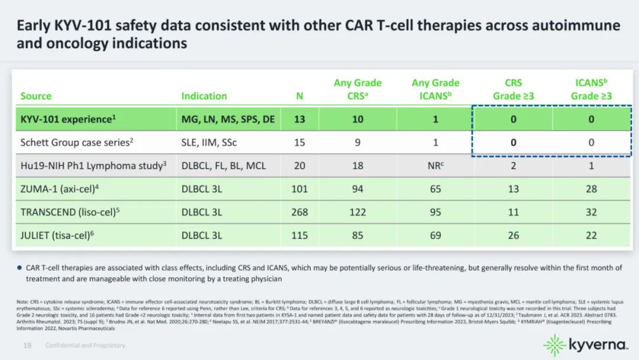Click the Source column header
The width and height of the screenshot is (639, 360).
[36, 96]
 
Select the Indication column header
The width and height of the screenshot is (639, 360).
[204, 96]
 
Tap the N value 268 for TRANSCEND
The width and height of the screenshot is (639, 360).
[300, 212]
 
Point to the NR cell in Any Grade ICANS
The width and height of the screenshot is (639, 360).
[435, 166]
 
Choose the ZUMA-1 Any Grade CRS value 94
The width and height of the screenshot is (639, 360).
[357, 189]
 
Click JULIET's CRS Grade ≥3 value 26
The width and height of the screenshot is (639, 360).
[513, 235]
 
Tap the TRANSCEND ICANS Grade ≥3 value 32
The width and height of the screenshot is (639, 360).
[591, 212]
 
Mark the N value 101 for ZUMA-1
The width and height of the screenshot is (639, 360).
[300, 189]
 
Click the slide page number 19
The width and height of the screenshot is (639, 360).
[27, 345]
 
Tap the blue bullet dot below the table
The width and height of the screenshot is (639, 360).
[20, 268]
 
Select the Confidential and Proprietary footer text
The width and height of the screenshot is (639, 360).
[86, 345]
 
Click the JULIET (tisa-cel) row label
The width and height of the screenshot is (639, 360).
[57, 235]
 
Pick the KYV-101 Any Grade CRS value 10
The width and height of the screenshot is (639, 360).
[357, 119]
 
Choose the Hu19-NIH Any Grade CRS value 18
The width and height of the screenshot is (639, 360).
[357, 166]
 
